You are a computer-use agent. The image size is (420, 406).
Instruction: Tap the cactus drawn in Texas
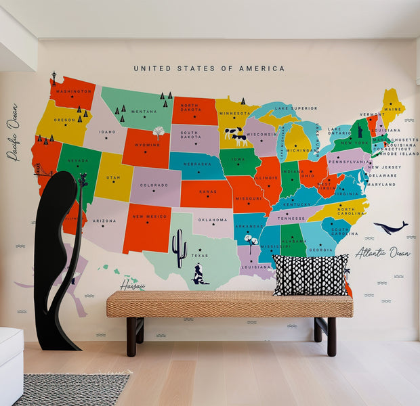coord(180,248)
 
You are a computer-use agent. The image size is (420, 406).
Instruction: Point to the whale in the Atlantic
coord(391,228)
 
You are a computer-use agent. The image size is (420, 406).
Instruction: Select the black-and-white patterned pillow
coord(311,275)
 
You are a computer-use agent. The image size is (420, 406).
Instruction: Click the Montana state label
coord(144,112)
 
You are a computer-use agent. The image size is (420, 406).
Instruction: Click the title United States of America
coord(209,68)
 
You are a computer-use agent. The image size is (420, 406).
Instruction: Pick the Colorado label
coord(154,185)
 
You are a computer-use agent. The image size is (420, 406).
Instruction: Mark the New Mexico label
coord(147,217)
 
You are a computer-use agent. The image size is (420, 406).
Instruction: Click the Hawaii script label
coord(132,286)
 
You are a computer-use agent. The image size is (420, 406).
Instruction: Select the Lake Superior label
coord(295,108)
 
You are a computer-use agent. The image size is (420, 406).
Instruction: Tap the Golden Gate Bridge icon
coord(43,173)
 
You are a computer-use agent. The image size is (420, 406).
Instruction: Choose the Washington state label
coord(73,91)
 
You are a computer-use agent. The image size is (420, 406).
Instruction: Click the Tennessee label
coord(291,218)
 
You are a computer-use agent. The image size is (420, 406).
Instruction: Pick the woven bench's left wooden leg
coord(131,336)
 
